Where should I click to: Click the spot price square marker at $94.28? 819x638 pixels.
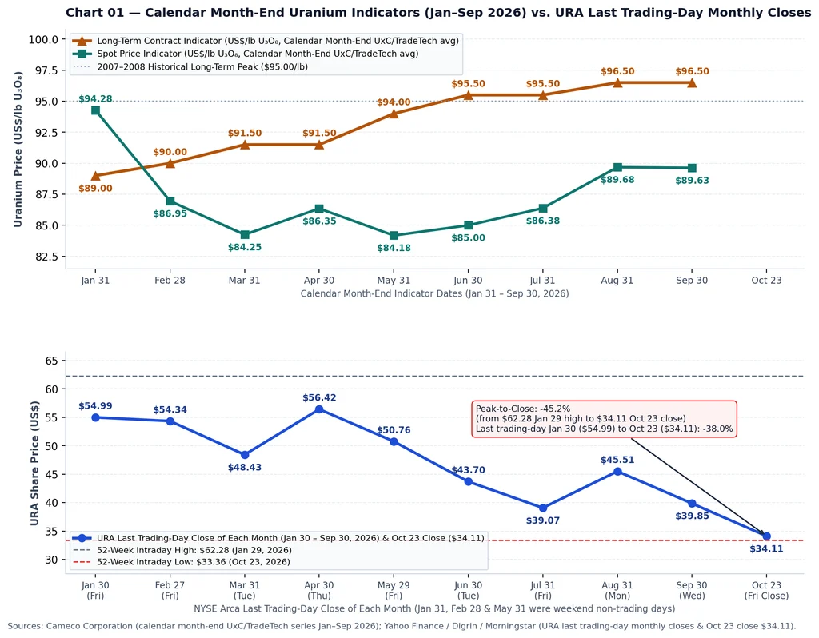click(95, 110)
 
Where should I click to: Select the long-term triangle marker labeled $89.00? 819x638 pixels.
click(95, 175)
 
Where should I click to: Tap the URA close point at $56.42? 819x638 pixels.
click(319, 409)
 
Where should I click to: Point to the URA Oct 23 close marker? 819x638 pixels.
click(766, 536)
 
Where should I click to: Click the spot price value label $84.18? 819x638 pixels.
click(394, 248)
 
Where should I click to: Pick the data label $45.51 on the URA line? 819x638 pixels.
click(617, 460)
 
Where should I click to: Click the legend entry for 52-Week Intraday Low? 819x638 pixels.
click(182, 562)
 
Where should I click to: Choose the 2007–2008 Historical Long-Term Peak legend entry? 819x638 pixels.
click(190, 67)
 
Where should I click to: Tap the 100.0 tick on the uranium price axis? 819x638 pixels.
click(44, 39)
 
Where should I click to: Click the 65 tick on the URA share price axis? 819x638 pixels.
click(52, 361)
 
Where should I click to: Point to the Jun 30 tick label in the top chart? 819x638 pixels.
click(468, 281)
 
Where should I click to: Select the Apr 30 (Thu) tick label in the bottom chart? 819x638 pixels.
click(319, 591)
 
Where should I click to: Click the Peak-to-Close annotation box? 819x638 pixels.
click(605, 419)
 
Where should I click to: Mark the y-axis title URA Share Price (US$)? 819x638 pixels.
click(34, 463)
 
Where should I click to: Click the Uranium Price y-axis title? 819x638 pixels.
click(18, 150)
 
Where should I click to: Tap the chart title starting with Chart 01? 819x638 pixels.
click(438, 13)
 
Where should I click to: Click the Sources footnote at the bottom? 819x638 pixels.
click(402, 626)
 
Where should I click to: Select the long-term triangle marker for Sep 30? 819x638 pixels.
click(692, 82)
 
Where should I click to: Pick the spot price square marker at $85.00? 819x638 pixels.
click(469, 225)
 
